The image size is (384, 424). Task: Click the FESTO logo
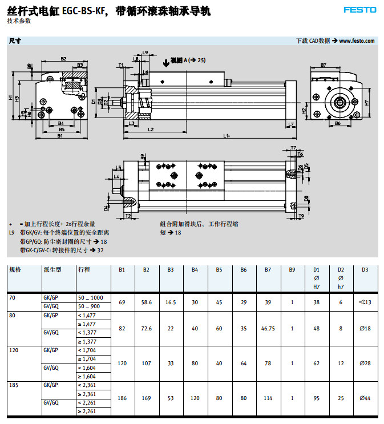pyautogui.click(x=360, y=10)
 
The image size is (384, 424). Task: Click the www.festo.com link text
pyautogui.click(x=357, y=41)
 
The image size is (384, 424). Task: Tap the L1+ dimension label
pyautogui.click(x=227, y=136)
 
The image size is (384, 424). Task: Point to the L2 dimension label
pyautogui.click(x=150, y=130)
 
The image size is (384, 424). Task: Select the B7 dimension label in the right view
pyautogui.click(x=324, y=65)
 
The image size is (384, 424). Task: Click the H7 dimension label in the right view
pyautogui.click(x=367, y=103)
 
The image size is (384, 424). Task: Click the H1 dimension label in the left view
pyautogui.click(x=10, y=98)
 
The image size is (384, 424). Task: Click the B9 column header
pyautogui.click(x=292, y=269)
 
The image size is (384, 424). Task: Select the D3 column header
pyautogui.click(x=365, y=269)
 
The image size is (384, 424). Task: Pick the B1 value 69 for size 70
pyautogui.click(x=122, y=302)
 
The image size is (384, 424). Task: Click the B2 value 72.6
pyautogui.click(x=146, y=328)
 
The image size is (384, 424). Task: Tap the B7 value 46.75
pyautogui.click(x=268, y=328)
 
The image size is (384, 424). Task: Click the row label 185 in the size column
pyautogui.click(x=15, y=386)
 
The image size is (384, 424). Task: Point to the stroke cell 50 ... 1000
pyautogui.click(x=90, y=298)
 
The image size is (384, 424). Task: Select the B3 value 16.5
pyautogui.click(x=171, y=302)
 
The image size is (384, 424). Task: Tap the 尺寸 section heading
pyautogui.click(x=15, y=41)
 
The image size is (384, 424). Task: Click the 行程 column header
pyautogui.click(x=83, y=269)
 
